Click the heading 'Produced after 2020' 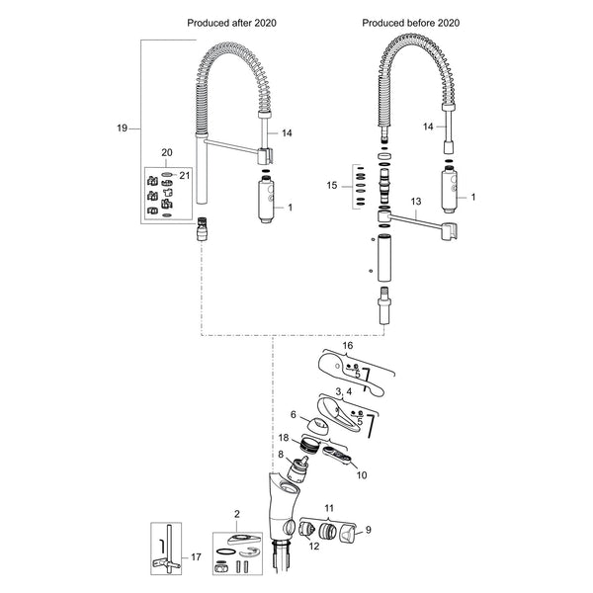click(x=232, y=23)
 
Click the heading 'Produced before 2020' click(x=411, y=23)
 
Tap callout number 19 click(x=122, y=128)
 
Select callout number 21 click(x=184, y=176)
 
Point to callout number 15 click(x=332, y=186)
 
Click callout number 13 click(x=416, y=202)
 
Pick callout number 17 click(x=196, y=557)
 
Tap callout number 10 click(x=362, y=475)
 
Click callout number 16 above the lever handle click(x=348, y=345)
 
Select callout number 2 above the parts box click(x=237, y=514)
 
